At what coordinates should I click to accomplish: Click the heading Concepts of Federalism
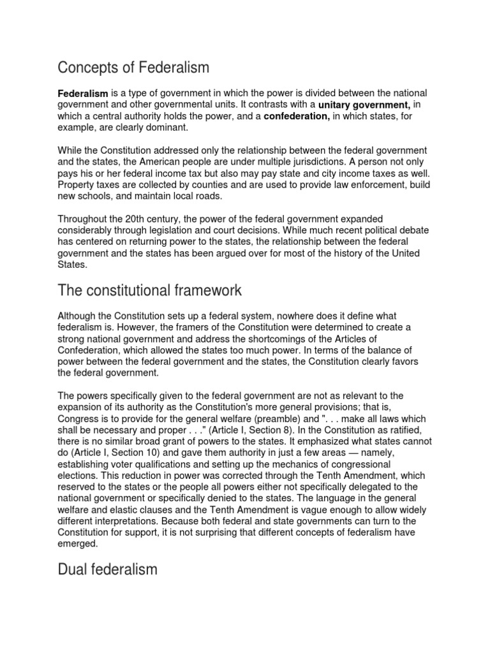coord(133,67)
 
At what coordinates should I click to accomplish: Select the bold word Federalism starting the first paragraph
coord(83,94)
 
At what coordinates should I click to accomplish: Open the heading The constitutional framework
coord(150,291)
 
